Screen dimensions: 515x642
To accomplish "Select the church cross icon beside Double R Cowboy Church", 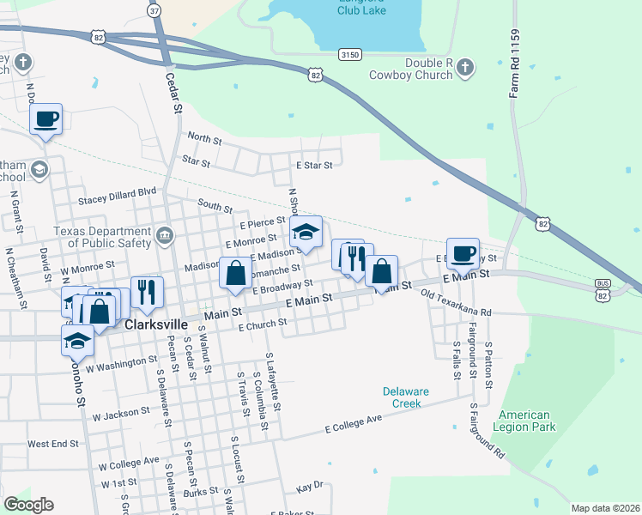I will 464,66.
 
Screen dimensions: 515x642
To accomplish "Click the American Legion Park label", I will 526,421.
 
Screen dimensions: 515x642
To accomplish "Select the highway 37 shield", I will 154,11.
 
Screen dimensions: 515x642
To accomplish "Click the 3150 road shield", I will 348,54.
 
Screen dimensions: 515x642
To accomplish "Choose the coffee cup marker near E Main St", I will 463,252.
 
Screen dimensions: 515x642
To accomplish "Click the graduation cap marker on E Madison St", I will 305,231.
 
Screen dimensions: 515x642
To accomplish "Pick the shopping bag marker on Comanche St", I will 235,273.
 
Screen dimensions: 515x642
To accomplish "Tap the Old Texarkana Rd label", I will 456,306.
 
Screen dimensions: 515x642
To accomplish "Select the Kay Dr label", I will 308,487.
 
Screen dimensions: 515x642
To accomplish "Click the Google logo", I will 28,505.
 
